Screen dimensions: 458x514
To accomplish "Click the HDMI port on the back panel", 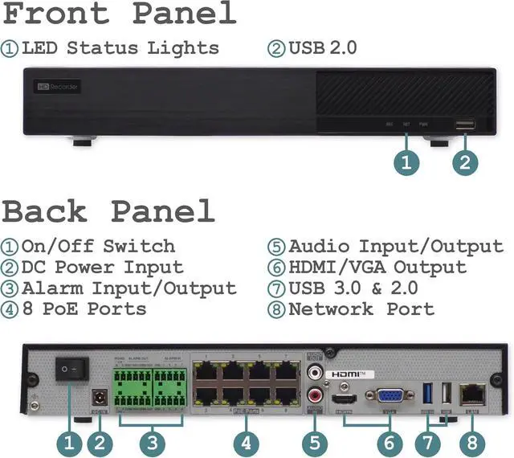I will (x=344, y=399).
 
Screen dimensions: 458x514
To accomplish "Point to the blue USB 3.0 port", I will (x=427, y=394).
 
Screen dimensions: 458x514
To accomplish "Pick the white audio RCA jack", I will (x=314, y=373).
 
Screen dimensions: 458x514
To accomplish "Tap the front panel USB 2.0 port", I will (x=465, y=124).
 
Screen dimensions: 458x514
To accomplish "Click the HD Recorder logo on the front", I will (x=58, y=85).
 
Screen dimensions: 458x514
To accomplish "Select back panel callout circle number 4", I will (x=246, y=441).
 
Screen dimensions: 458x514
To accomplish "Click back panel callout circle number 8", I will (x=471, y=441).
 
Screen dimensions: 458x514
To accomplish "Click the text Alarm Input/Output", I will (x=128, y=288).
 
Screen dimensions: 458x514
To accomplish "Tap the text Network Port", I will (x=361, y=309).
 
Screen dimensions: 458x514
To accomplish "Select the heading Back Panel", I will (x=109, y=211).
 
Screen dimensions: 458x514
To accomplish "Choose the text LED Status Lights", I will (x=120, y=47).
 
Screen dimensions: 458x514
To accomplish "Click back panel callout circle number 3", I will (x=153, y=441).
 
